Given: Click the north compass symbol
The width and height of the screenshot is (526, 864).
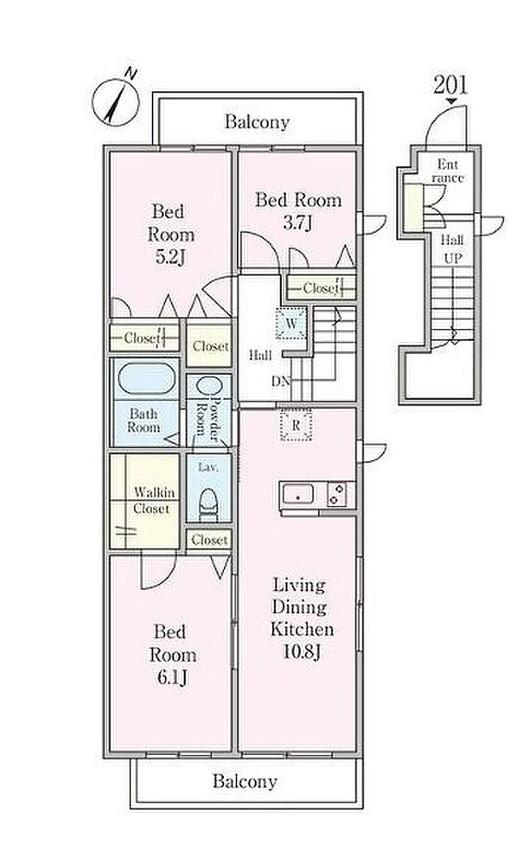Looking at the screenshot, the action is pos(116,100).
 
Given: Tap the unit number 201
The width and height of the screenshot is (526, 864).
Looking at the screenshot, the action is pos(450,85).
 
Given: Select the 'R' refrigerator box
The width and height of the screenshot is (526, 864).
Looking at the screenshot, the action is pos(296,426).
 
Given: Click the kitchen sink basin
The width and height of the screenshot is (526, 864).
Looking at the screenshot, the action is pos(298,494).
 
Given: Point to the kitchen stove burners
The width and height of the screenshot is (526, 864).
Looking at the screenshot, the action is pos(336,494).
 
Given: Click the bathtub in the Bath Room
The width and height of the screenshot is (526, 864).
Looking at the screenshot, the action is pos(147,378).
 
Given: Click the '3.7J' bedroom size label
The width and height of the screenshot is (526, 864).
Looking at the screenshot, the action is pos(298,223).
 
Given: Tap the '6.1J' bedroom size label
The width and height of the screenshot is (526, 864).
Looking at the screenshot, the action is pos(172,678).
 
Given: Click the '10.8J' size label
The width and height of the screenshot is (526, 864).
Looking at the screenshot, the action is pos(302,652).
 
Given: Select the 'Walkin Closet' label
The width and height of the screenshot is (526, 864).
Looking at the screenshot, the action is pos(154,500).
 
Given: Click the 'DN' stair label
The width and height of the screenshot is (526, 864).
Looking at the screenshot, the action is pos(280,380).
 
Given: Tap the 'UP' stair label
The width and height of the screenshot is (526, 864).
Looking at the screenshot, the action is pos(452,258).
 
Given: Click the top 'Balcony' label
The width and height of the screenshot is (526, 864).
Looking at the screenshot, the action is pos(257,122).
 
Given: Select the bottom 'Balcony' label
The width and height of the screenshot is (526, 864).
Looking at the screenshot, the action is pos(244,781).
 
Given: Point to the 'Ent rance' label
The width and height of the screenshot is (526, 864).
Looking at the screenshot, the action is pos(448,171).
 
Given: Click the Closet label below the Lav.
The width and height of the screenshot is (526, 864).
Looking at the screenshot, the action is pos(209,540).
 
